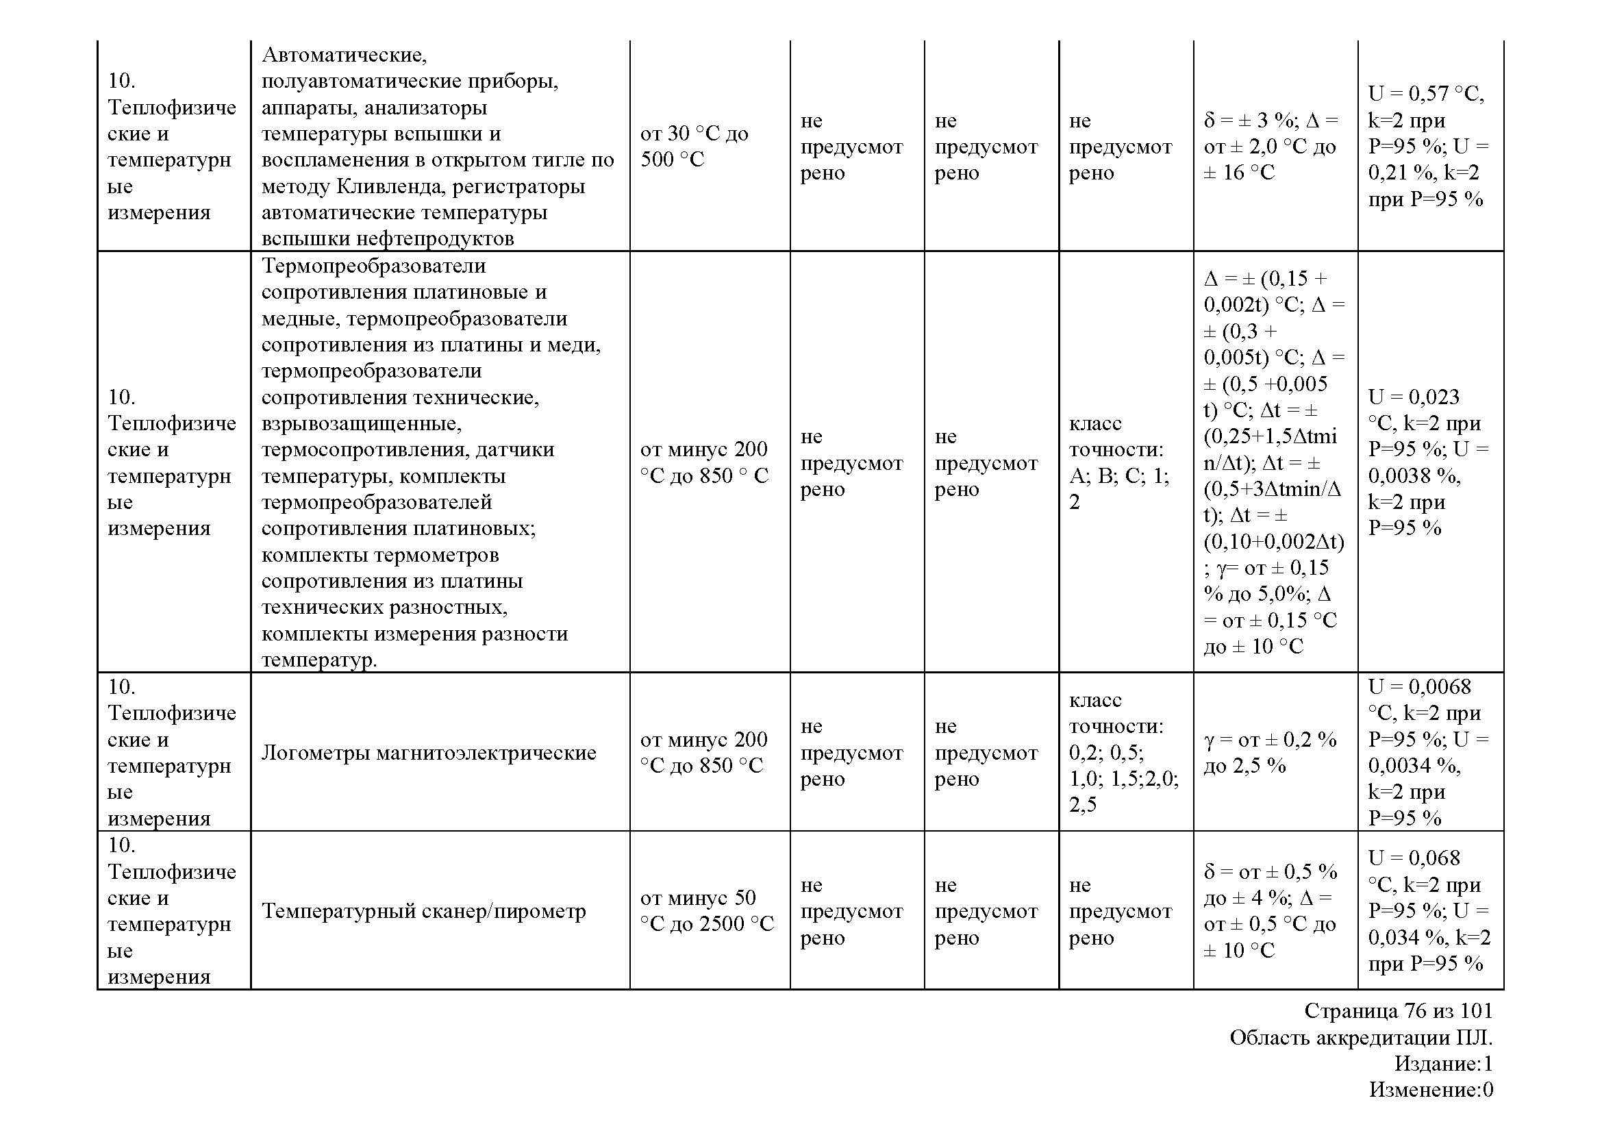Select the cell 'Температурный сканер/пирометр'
click(x=423, y=911)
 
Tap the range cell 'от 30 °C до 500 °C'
click(x=694, y=147)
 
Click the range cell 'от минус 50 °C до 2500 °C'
click(x=707, y=911)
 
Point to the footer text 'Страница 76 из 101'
click(x=1399, y=1011)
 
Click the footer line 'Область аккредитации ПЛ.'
click(x=1361, y=1038)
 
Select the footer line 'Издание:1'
click(x=1443, y=1064)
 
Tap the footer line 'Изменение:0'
click(x=1430, y=1090)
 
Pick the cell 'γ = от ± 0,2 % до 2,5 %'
click(x=1270, y=753)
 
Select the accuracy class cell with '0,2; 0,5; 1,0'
click(x=1123, y=753)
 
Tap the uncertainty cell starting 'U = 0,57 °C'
click(x=1427, y=147)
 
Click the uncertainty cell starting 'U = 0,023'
click(x=1427, y=462)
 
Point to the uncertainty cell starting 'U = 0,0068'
click(x=1427, y=753)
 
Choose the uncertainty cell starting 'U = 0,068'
click(x=1427, y=911)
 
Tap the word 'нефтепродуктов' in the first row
click(x=435, y=239)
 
